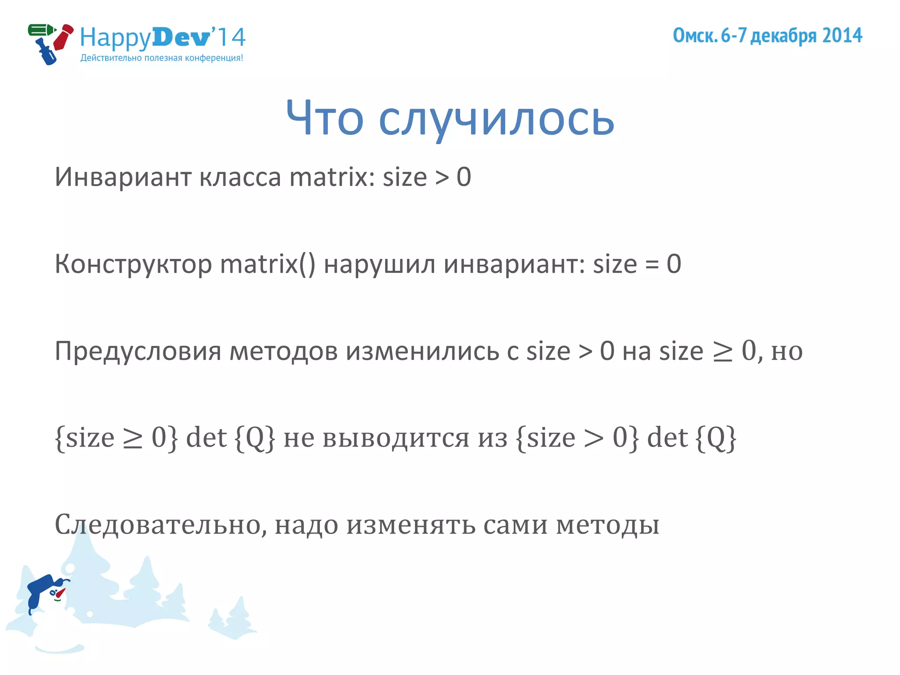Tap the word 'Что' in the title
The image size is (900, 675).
(x=325, y=118)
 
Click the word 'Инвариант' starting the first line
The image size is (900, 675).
(x=123, y=177)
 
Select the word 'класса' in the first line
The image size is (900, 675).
(x=240, y=177)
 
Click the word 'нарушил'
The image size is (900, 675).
(x=379, y=265)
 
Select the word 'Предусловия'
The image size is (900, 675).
(x=138, y=352)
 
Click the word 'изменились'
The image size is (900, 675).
(x=422, y=352)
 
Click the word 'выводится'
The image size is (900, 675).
(x=396, y=438)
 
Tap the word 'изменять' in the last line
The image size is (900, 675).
(x=411, y=525)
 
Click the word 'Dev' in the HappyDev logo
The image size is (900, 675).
(x=181, y=37)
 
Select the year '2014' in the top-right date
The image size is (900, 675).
(x=842, y=36)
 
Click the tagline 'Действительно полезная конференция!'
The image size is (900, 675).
(x=162, y=58)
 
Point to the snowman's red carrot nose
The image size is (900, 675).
(x=60, y=594)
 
